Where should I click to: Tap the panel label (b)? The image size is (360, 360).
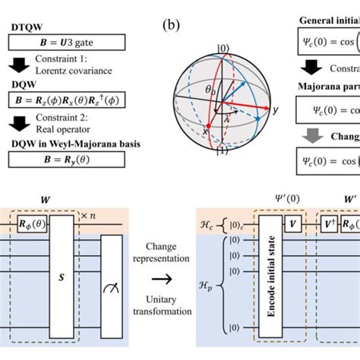[172, 27]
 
